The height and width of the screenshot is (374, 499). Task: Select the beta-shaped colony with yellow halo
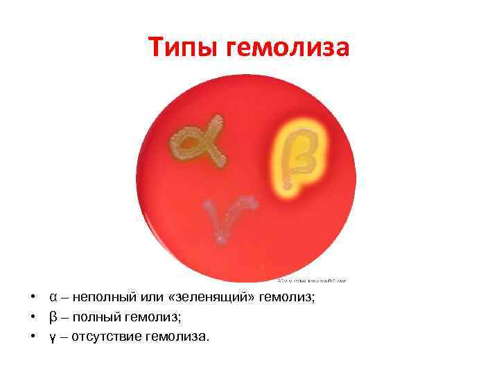(296, 157)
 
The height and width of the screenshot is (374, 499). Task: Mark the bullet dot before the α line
(33, 298)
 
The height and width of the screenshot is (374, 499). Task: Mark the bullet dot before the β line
(33, 317)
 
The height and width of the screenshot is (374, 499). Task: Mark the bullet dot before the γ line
(33, 337)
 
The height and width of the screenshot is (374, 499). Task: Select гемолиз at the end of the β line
(157, 317)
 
